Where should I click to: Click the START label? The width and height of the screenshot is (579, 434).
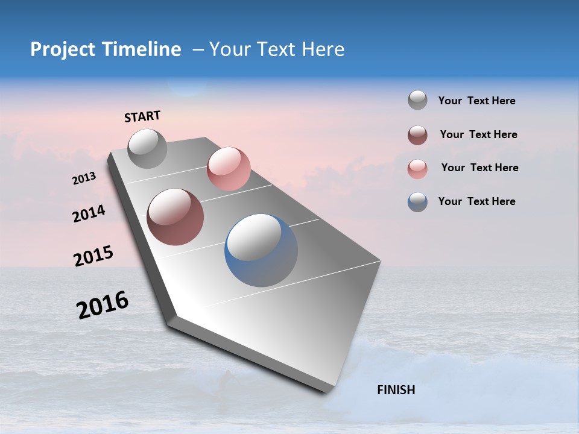(x=142, y=116)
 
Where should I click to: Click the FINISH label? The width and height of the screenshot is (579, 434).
(x=396, y=390)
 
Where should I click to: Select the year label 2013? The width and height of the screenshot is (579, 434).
(x=84, y=178)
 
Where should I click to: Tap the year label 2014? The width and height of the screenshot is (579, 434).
(x=89, y=213)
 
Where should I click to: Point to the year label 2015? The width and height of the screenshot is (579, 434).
(x=93, y=256)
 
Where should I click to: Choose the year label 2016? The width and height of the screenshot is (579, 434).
(x=103, y=305)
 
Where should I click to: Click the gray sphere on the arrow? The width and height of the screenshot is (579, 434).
(x=147, y=148)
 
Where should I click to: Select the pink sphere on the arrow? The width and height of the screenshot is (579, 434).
(x=229, y=168)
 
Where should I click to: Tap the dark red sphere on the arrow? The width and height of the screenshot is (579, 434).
(x=175, y=217)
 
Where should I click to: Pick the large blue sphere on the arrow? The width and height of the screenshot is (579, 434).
(x=261, y=250)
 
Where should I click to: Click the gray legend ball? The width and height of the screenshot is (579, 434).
(x=417, y=101)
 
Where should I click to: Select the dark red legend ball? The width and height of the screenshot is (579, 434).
(x=417, y=135)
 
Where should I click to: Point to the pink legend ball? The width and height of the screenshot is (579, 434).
(x=417, y=169)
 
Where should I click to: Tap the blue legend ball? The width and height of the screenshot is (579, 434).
(x=417, y=202)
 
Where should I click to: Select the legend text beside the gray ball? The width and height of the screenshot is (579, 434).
(x=476, y=101)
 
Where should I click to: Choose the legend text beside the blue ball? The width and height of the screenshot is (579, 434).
(x=476, y=201)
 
